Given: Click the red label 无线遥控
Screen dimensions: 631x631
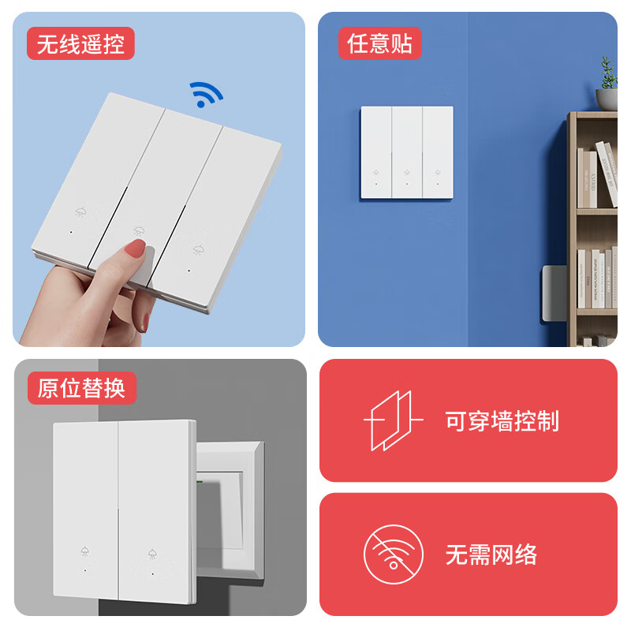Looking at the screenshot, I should click(x=80, y=44).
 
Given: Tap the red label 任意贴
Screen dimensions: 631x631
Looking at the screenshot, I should click(x=380, y=44).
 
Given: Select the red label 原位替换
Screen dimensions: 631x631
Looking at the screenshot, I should click(x=81, y=389).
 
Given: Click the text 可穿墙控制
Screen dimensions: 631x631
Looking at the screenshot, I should click(x=502, y=421).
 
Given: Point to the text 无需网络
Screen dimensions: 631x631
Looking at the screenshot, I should click(x=491, y=554).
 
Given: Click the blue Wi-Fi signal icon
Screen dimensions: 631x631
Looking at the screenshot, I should click(x=207, y=94).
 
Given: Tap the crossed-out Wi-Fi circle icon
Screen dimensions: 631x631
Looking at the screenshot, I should click(x=393, y=554).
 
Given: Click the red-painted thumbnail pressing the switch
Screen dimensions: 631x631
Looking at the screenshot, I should click(x=136, y=251).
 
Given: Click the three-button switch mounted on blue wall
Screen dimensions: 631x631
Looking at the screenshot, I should click(x=407, y=152).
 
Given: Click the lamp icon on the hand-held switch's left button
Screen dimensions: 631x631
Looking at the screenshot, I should click(x=80, y=212).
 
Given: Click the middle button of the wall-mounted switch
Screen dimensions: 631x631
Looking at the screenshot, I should click(x=407, y=152).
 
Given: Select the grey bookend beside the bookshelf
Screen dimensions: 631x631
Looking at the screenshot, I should click(x=553, y=293).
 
